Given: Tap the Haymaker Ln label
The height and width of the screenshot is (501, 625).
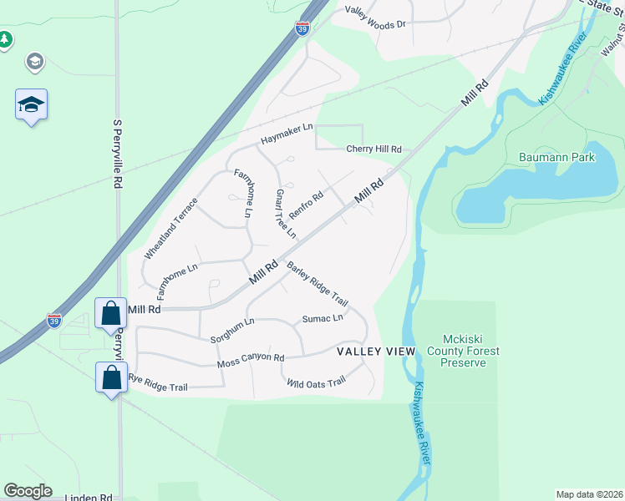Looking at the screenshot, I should coord(286,131).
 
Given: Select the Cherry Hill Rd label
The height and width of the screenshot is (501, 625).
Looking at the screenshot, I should coord(374,149).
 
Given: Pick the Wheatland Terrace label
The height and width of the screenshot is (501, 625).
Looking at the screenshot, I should coord(171,227).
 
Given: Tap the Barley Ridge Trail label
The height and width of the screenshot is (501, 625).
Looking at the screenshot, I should coord(317,284).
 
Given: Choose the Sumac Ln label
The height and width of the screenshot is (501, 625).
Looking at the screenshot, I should coord(323,318).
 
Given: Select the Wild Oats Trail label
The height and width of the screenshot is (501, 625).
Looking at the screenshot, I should coord(316,383).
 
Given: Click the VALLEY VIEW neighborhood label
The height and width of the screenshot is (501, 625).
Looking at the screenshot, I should coord(376,352).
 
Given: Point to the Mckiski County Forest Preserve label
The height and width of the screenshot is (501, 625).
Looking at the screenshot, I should coord(470,351).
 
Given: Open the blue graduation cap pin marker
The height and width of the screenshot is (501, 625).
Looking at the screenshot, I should coord(31,105).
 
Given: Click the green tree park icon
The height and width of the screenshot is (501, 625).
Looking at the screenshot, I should coord(5,39).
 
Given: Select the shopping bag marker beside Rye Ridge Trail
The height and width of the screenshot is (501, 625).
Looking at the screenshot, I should coord(111,378).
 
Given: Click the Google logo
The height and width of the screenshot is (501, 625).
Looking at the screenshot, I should coord(28,491).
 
